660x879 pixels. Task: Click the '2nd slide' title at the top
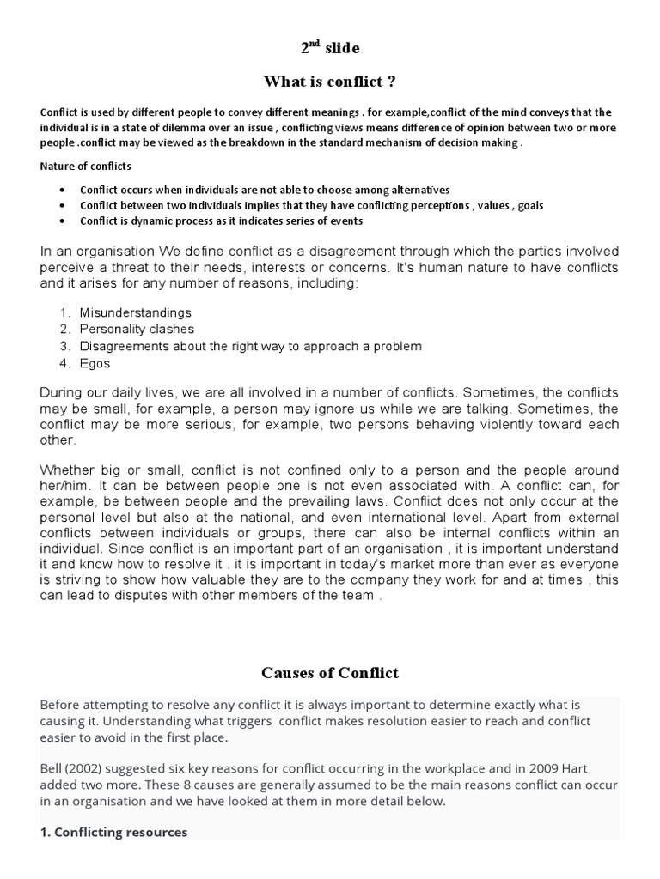coord(330,47)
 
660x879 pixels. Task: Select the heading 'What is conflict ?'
coord(330,82)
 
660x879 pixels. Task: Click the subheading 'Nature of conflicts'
coord(86,166)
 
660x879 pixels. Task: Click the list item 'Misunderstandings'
coord(135,312)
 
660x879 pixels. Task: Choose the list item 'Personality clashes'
coord(137,329)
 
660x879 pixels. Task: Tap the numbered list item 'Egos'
coord(95,363)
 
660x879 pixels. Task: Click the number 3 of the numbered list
coord(64,346)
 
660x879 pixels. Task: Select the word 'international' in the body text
coord(453,518)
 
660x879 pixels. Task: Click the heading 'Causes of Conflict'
coord(330,672)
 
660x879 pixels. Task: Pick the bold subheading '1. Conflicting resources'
coord(113,832)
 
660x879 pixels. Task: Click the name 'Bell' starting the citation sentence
coord(52,769)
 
